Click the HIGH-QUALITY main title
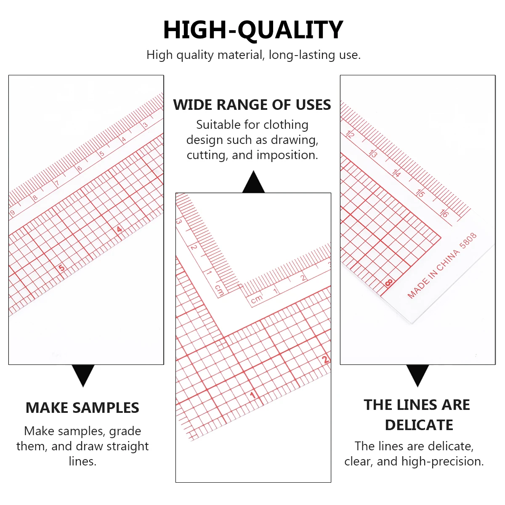tap(253, 30)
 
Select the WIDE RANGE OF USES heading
tap(252, 105)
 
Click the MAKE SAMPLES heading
tap(82, 408)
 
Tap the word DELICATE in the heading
tap(419, 425)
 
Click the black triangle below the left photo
tap(83, 375)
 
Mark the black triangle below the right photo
tap(417, 375)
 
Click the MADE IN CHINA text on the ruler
tap(433, 274)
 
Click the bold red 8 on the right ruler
tap(388, 284)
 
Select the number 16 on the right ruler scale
tap(444, 213)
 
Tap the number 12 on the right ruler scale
tap(350, 134)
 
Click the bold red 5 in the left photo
tap(61, 268)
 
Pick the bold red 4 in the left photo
tap(120, 229)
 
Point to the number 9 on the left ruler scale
tap(13, 213)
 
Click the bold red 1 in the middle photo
tap(253, 395)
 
